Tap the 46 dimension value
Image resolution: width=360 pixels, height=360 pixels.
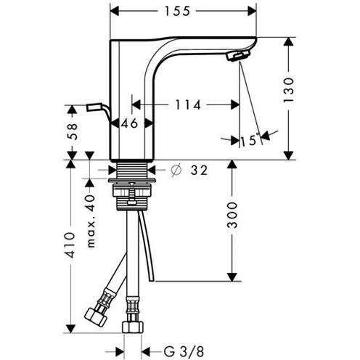pos(130,123)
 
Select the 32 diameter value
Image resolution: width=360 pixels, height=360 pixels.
pos(198,171)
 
